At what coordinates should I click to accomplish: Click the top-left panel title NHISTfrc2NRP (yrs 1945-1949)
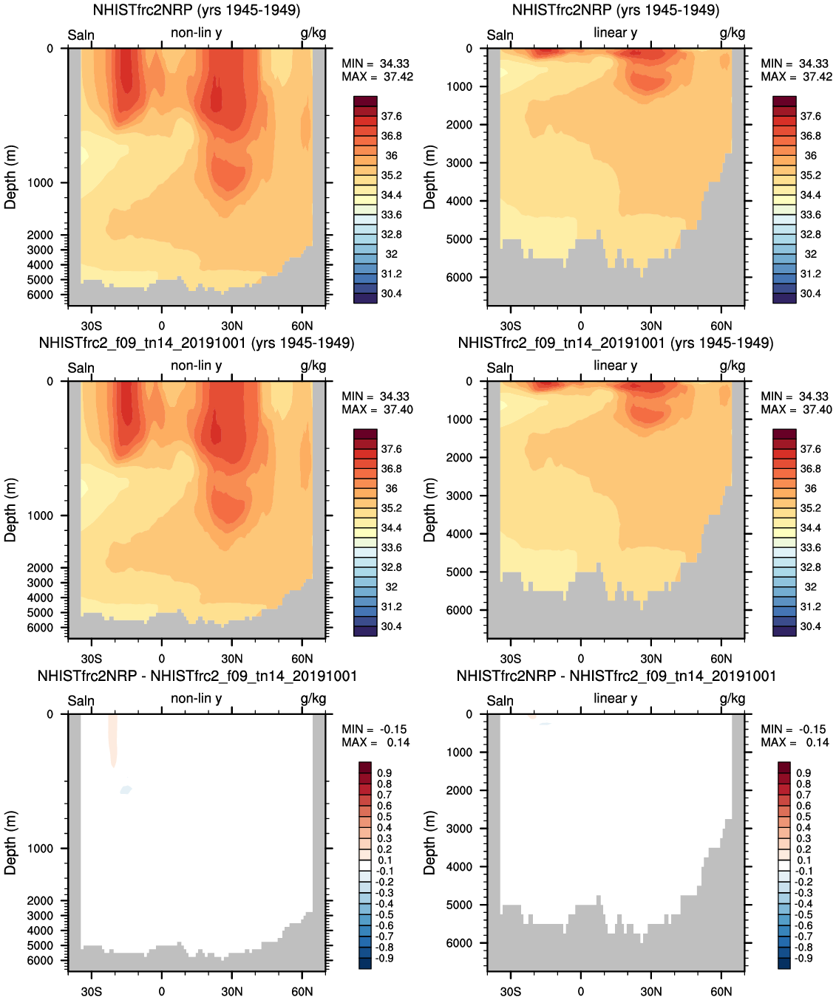pyautogui.click(x=197, y=10)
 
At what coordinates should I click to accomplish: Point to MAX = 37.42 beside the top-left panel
pyautogui.click(x=377, y=77)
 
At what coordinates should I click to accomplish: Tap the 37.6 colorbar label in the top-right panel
pyautogui.click(x=810, y=116)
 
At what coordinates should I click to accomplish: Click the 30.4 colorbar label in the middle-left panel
pyautogui.click(x=391, y=626)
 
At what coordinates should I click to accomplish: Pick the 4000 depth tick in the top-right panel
pyautogui.click(x=459, y=201)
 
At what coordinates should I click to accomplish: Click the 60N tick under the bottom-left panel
pyautogui.click(x=302, y=991)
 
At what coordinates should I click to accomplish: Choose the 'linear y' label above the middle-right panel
pyautogui.click(x=615, y=366)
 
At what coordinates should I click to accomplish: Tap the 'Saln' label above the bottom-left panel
pyautogui.click(x=81, y=701)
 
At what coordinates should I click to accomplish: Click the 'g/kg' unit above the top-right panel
pyautogui.click(x=733, y=33)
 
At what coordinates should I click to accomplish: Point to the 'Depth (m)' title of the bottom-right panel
pyautogui.click(x=429, y=843)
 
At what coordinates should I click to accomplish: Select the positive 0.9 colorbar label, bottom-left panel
pyautogui.click(x=384, y=773)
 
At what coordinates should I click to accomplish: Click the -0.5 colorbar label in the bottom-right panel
pyautogui.click(x=803, y=914)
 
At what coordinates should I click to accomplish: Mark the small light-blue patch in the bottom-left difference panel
pyautogui.click(x=126, y=790)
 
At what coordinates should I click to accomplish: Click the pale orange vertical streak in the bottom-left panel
pyautogui.click(x=112, y=739)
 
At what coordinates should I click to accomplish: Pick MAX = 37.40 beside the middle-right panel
pyautogui.click(x=796, y=410)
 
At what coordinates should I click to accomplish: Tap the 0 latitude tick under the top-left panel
pyautogui.click(x=161, y=326)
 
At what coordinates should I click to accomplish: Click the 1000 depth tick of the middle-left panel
pyautogui.click(x=41, y=516)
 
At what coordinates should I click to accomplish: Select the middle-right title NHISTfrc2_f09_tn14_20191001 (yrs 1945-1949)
pyautogui.click(x=616, y=343)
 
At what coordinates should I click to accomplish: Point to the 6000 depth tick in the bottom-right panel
pyautogui.click(x=459, y=943)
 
